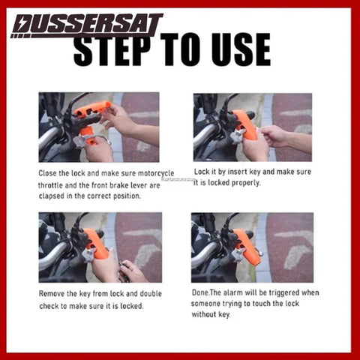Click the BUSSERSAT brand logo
pyautogui.click(x=87, y=26)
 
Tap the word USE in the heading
pyautogui.click(x=241, y=49)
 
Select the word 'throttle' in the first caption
pyautogui.click(x=51, y=185)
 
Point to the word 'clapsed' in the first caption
pyautogui.click(x=52, y=196)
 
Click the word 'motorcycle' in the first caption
pyautogui.click(x=156, y=173)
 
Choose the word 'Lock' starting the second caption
pyautogui.click(x=202, y=172)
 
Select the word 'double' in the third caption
pyautogui.click(x=151, y=293)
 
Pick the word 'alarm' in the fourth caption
pyautogui.click(x=232, y=292)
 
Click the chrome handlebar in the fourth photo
pyautogui.click(x=205, y=253)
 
